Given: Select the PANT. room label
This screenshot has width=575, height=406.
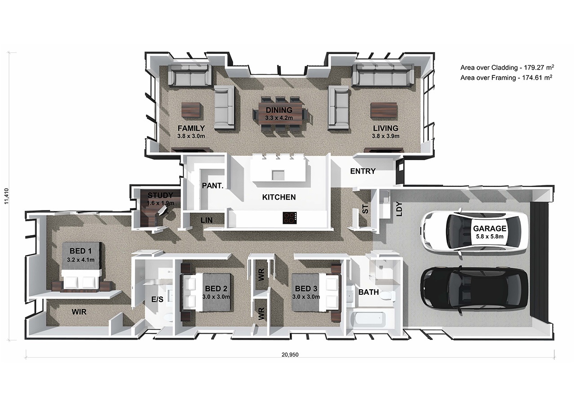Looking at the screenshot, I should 212,186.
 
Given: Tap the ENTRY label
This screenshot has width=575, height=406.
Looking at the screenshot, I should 363,171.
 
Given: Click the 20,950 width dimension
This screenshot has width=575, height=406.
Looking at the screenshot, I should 290,354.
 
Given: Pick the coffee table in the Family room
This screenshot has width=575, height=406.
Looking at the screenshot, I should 191,110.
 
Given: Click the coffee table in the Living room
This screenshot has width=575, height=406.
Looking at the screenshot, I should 384,110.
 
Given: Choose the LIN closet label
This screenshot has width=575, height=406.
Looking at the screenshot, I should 206,220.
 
